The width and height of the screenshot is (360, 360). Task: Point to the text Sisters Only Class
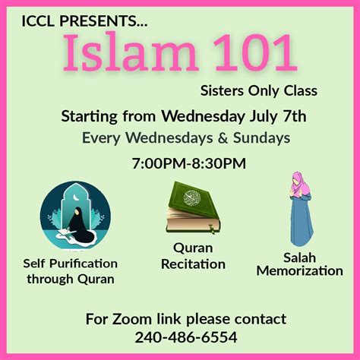258,91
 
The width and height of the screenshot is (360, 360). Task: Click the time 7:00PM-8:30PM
189,163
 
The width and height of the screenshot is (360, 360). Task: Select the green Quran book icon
193,207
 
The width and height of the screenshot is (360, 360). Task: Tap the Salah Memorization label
299,264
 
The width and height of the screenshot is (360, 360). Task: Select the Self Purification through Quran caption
71,271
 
